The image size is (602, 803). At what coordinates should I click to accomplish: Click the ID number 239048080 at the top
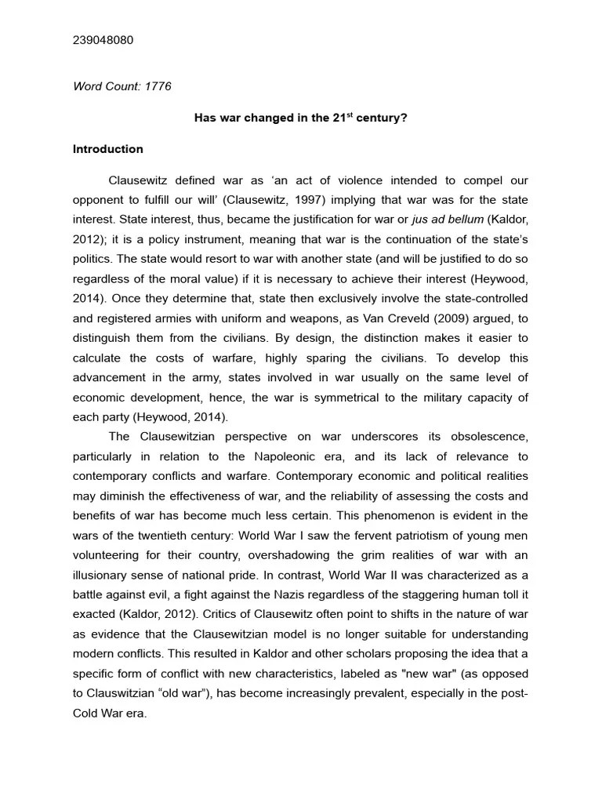[103, 40]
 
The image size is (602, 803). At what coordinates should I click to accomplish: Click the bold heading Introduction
[108, 149]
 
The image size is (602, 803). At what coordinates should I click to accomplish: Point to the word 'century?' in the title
[382, 118]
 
